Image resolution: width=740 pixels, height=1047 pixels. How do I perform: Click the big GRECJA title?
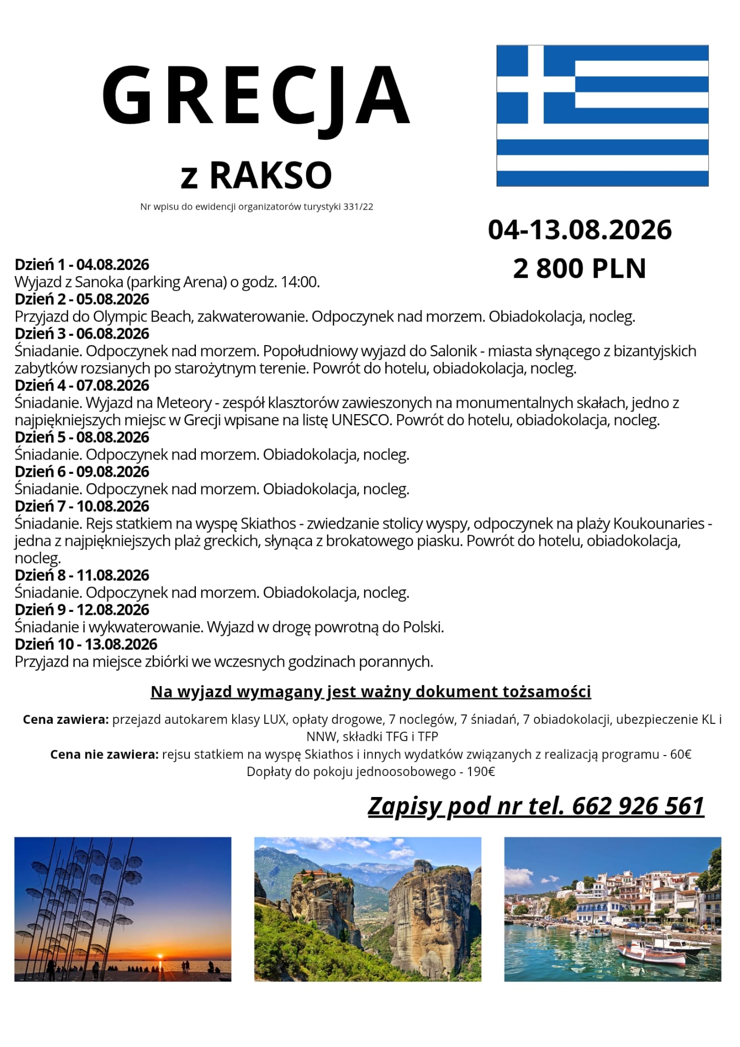[256, 96]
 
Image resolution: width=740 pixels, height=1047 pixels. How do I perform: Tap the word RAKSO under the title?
[271, 175]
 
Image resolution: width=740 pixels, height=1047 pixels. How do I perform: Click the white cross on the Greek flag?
[535, 84]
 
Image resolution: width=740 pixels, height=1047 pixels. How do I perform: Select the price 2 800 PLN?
[579, 268]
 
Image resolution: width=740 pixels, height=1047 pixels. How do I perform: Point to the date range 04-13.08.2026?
[579, 230]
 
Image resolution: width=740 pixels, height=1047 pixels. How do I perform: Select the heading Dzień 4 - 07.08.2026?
[82, 385]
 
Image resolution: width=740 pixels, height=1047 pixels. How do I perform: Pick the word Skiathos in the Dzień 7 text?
[268, 523]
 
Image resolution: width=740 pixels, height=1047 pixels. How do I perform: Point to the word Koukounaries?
[659, 523]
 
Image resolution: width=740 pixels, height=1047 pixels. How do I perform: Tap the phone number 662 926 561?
[638, 806]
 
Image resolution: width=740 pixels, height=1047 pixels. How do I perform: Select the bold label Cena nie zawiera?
[104, 755]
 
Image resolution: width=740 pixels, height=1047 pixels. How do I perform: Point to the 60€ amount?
[681, 755]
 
